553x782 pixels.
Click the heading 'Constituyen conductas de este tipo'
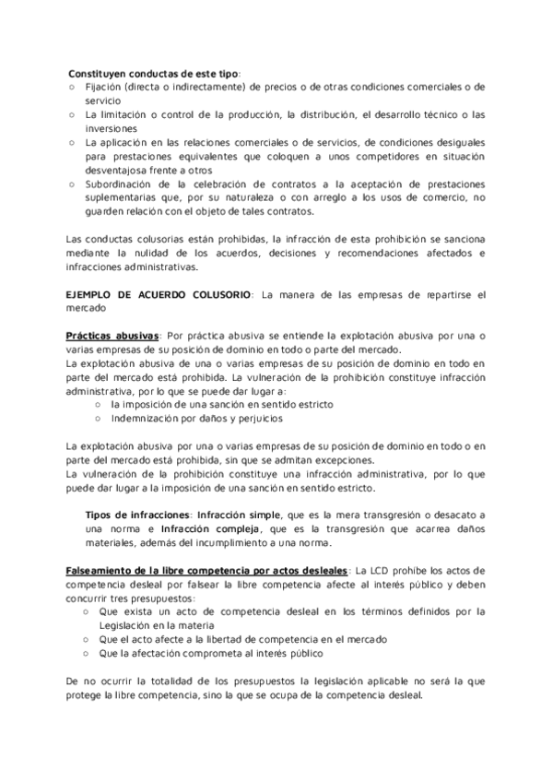[x=153, y=73]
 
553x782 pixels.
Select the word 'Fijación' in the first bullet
[x=103, y=87]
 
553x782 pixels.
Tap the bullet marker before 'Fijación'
[x=73, y=87]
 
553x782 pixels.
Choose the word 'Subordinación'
[x=120, y=185]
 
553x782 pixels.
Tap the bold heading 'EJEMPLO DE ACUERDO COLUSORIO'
[x=158, y=294]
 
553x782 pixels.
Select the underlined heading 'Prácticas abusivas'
[x=112, y=337]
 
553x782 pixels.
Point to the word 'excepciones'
[x=344, y=461]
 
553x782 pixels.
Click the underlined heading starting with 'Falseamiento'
[x=206, y=571]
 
